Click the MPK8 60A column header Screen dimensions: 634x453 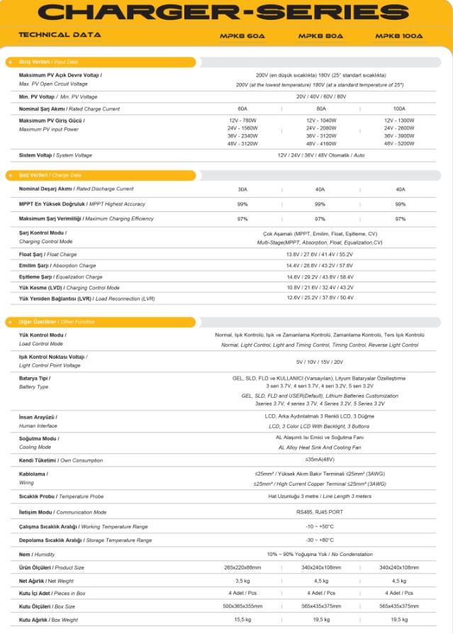point(243,35)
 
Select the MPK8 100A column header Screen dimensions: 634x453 point(398,35)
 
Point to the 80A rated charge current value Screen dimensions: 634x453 point(320,109)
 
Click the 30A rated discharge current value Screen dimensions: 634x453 point(242,189)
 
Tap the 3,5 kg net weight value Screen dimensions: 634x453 point(242,581)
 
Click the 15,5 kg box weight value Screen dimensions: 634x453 point(242,620)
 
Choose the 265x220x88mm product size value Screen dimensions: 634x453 point(242,567)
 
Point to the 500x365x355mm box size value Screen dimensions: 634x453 point(242,606)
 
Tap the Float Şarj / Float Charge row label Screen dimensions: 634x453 point(47,254)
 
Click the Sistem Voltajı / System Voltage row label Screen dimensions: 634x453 point(55,155)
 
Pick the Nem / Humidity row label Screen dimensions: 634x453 point(35,553)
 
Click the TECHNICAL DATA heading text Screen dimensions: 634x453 point(60,35)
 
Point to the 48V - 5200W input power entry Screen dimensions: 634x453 point(398,143)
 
